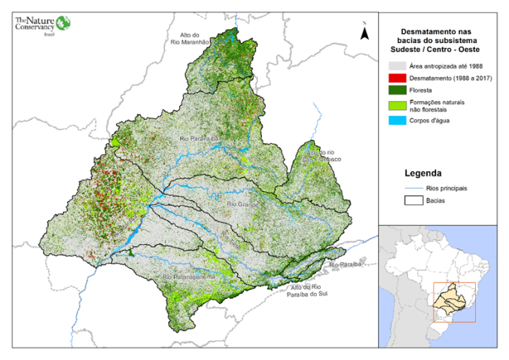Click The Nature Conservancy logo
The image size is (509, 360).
point(42,23)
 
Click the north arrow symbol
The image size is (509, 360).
point(364,32)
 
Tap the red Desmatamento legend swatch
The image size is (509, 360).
point(397,79)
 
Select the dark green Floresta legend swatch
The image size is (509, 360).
point(397,90)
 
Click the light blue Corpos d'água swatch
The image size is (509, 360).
point(397,121)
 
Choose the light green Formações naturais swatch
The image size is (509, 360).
point(397,105)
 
